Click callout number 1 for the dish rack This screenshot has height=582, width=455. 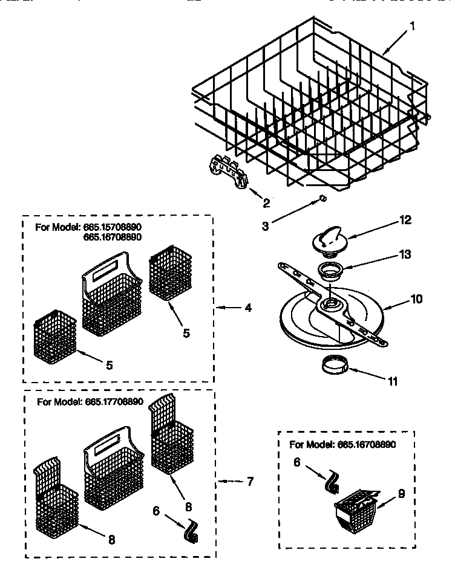[x=412, y=26]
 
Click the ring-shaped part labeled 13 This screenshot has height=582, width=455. [x=330, y=270]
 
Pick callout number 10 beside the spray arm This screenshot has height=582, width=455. [x=416, y=299]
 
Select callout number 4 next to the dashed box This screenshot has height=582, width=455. [x=248, y=308]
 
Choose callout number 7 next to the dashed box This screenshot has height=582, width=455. [x=249, y=482]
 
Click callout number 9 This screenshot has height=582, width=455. [x=401, y=493]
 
